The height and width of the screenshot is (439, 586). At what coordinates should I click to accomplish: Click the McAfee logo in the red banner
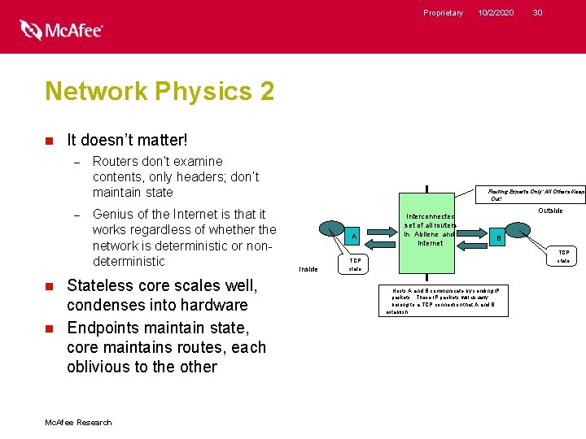coord(61,30)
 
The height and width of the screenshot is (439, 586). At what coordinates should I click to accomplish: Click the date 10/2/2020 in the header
coord(496,12)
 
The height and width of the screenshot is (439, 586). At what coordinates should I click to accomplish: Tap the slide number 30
coord(537,12)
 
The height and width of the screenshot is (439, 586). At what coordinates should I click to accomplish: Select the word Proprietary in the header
coord(443,12)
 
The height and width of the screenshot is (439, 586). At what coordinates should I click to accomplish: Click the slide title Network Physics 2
coord(160,91)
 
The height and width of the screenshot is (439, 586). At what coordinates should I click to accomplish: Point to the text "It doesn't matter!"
coord(128,141)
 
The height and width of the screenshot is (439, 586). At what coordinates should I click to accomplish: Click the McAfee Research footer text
coord(79,422)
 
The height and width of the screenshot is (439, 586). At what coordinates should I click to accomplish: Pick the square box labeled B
coord(499,238)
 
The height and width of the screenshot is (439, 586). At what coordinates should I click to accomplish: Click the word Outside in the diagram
coord(550,211)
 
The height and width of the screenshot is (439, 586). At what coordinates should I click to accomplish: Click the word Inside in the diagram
coord(308,268)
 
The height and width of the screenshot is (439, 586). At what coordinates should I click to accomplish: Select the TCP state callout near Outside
coord(563,257)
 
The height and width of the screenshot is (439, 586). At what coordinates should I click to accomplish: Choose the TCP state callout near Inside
coord(355,265)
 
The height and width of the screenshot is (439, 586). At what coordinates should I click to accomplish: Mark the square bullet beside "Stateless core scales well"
coord(49,286)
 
